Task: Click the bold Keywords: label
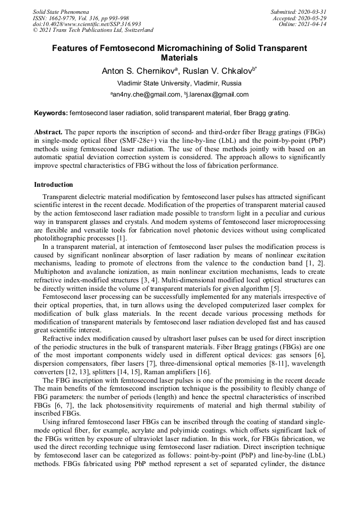point(51,113)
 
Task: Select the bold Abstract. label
point(48,131)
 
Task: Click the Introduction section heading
point(54,185)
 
